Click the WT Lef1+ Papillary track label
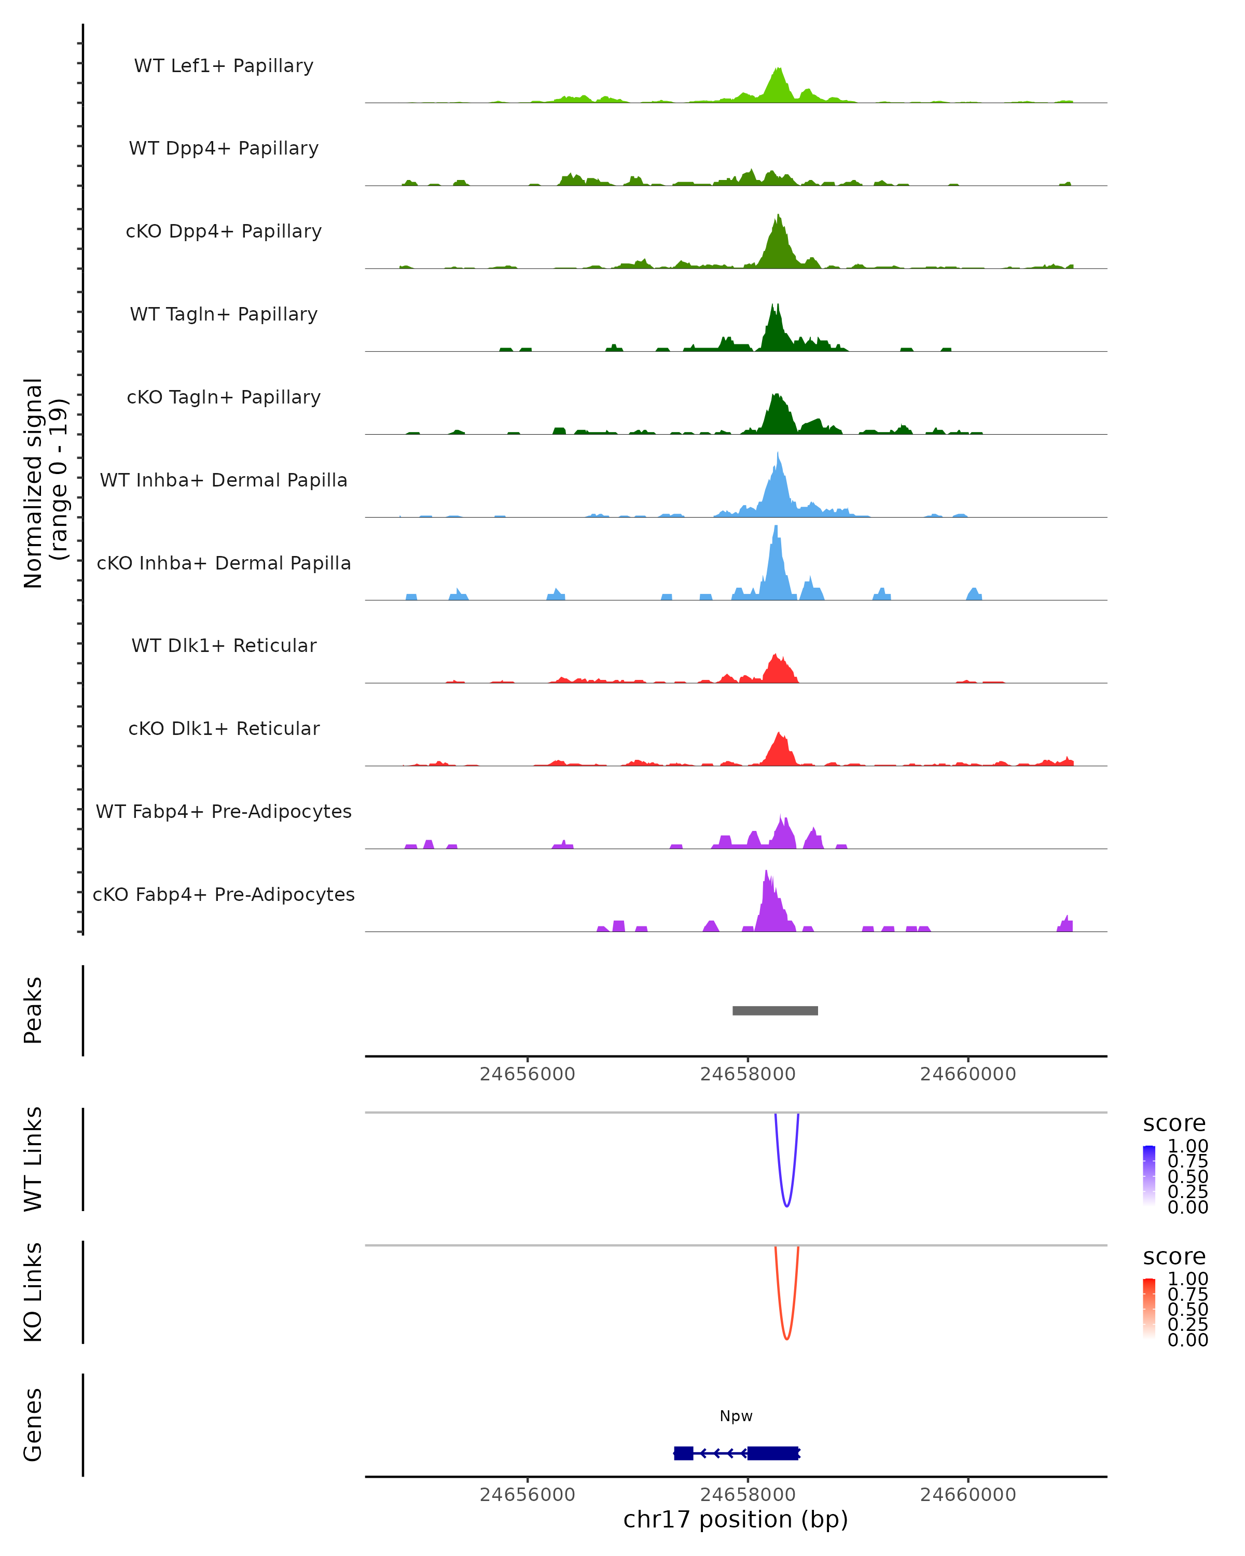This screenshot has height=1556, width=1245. pyautogui.click(x=224, y=66)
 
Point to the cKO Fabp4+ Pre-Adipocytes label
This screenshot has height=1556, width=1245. pyautogui.click(x=224, y=894)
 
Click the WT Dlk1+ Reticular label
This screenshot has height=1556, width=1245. pyautogui.click(x=224, y=645)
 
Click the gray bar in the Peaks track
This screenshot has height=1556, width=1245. pyautogui.click(x=775, y=1010)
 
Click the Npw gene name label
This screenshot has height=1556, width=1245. pyautogui.click(x=736, y=1416)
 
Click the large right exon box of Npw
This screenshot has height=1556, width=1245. pyautogui.click(x=773, y=1453)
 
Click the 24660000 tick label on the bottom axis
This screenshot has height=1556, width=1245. pyautogui.click(x=968, y=1495)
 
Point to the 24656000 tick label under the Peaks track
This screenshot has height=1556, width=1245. pyautogui.click(x=528, y=1074)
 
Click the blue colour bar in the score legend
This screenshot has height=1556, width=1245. pyautogui.click(x=1149, y=1176)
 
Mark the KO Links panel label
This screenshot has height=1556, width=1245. pyautogui.click(x=33, y=1292)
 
